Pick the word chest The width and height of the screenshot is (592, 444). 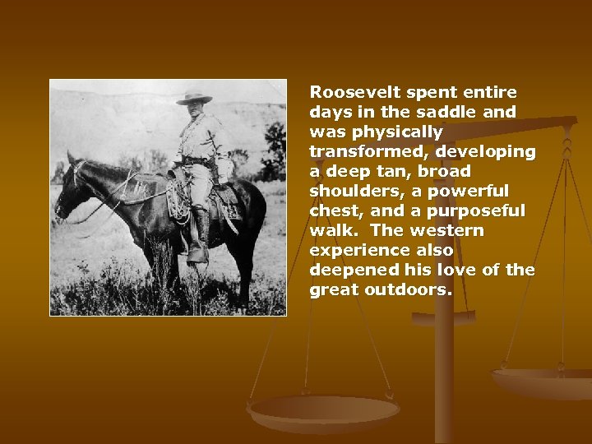click(x=334, y=210)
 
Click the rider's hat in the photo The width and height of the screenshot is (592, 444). click(x=194, y=97)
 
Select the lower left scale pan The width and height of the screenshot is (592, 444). click(x=323, y=411)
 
